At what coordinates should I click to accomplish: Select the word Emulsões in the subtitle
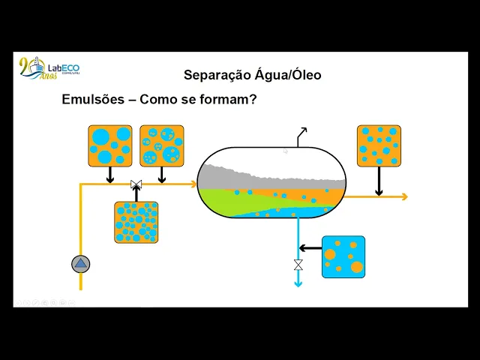coord(93,99)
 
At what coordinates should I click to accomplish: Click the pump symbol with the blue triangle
coord(80,263)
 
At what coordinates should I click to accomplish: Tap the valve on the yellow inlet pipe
coord(136,184)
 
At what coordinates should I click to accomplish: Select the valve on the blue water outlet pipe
coord(298,265)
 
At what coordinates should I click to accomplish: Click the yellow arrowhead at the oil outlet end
coord(404,196)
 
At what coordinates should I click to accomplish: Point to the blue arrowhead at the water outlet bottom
coord(298,283)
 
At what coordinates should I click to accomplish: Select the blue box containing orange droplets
coord(343,256)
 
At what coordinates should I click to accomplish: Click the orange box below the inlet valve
coord(136,222)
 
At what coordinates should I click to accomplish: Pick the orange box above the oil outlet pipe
coord(379,145)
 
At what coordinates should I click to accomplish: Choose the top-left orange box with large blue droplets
coord(109,145)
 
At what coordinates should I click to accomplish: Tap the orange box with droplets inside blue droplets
coord(161,145)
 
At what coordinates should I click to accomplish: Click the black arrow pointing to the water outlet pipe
coord(309,247)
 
